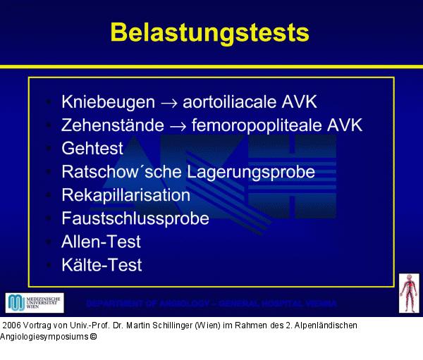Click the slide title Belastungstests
click(x=210, y=32)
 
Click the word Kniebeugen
click(x=108, y=101)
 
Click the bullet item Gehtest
click(x=92, y=149)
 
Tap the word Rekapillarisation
click(x=125, y=195)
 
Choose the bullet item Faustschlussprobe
click(x=135, y=218)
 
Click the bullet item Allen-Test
click(x=101, y=242)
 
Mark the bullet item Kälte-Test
click(x=102, y=265)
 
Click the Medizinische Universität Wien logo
click(x=35, y=303)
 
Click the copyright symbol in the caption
click(x=92, y=337)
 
